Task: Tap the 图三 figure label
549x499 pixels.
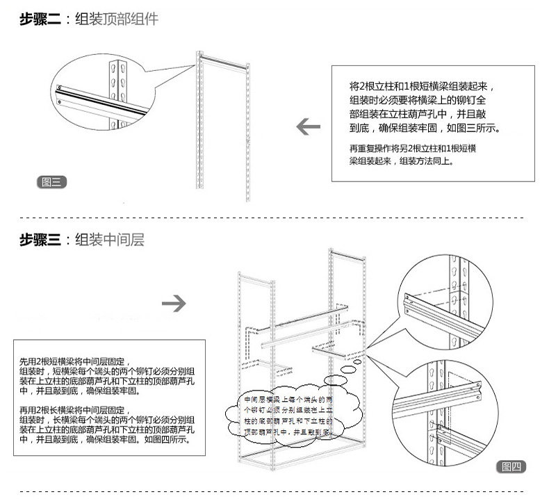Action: pyautogui.click(x=51, y=182)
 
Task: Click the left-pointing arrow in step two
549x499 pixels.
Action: pyautogui.click(x=309, y=127)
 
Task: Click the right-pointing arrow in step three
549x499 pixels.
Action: pyautogui.click(x=174, y=304)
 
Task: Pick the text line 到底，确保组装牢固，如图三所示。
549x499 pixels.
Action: pyautogui.click(x=425, y=129)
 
